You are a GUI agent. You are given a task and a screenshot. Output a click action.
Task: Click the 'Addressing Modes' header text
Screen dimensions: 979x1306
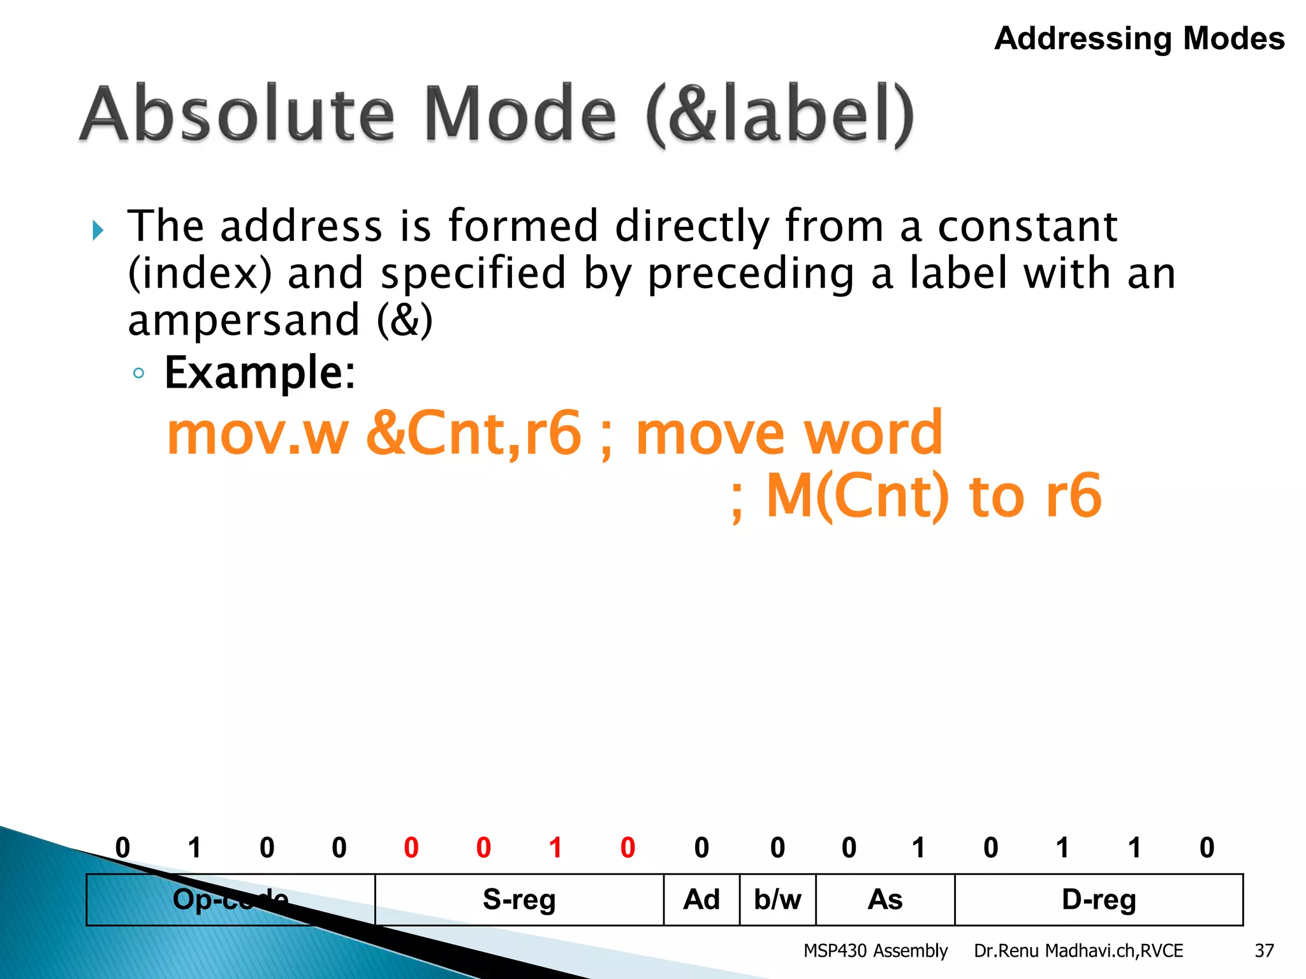coord(1139,38)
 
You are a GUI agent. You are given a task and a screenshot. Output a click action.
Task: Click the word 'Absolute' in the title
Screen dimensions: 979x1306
coord(237,115)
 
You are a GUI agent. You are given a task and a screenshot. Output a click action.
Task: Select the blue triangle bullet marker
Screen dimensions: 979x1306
coord(98,230)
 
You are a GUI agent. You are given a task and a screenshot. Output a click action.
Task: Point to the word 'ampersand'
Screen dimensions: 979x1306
coord(244,320)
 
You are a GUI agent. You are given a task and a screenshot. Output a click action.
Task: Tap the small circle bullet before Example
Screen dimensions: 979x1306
coord(138,373)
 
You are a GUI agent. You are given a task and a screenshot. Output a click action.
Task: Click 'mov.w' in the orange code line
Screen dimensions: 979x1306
coord(257,433)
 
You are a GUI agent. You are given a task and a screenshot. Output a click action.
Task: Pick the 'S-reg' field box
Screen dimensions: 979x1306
coord(519,899)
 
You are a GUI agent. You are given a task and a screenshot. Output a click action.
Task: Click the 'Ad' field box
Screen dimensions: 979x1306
coord(701,899)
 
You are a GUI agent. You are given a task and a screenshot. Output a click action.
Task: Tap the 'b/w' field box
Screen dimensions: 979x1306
coord(777,899)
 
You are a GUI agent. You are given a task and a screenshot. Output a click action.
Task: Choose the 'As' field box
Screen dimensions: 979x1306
coord(885,899)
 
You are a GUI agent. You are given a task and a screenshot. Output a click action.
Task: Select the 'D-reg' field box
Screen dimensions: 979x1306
coord(1099,899)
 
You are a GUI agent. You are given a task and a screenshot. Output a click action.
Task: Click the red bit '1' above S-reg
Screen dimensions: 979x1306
coord(555,848)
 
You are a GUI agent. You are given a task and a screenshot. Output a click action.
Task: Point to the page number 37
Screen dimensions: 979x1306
coord(1264,951)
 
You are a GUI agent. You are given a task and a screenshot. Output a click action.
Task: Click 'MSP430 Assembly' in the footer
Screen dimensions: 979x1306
coord(875,951)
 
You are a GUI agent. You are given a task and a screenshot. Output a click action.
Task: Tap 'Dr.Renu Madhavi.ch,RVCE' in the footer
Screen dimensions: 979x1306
coord(1078,951)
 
